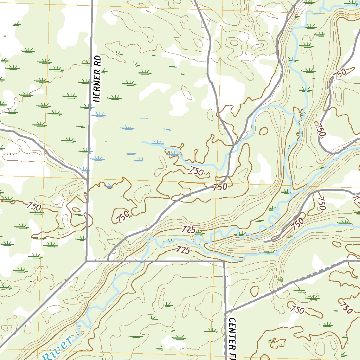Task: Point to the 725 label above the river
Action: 188,230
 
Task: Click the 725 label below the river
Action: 183,250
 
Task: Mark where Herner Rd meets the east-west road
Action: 86,261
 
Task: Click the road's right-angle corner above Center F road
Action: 224,262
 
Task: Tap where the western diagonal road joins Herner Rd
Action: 87,179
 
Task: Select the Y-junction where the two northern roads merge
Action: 233,144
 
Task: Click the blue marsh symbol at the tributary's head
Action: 156,143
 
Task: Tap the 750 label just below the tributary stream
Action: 196,171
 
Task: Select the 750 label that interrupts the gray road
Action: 220,187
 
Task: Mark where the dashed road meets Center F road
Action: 227,312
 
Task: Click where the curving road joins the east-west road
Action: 108,261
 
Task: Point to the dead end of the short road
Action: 264,242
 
